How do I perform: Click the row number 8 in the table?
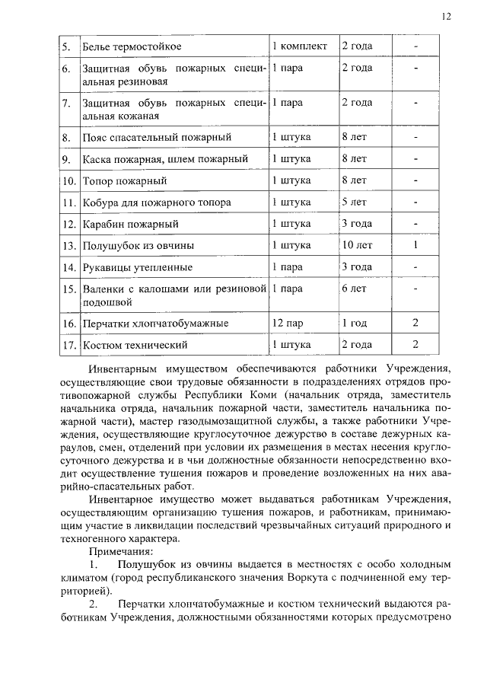click(x=67, y=138)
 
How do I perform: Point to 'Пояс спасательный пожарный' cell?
click(x=156, y=138)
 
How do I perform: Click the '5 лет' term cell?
click(x=355, y=203)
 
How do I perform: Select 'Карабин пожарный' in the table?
click(x=130, y=225)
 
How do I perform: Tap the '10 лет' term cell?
click(x=357, y=246)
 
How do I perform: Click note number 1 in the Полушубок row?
click(x=415, y=246)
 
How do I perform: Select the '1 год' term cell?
click(x=355, y=324)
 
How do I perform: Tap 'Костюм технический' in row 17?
click(x=135, y=345)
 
